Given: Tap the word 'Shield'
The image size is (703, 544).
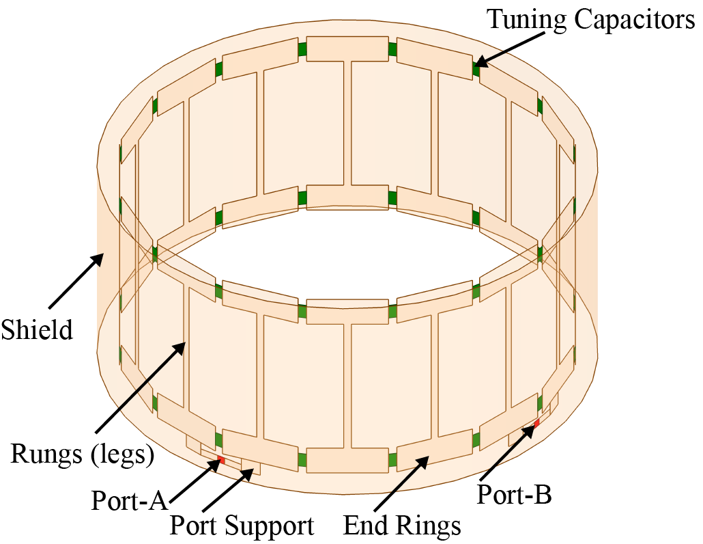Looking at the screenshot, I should [x=36, y=330].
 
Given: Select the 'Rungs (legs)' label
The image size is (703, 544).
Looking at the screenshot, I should [x=81, y=453].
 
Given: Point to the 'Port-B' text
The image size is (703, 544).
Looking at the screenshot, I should [x=514, y=494].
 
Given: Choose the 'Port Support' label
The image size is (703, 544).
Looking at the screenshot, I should [x=242, y=526].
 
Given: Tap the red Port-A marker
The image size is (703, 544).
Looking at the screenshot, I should [x=220, y=461].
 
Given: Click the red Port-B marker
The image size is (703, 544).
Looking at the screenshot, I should [x=536, y=424].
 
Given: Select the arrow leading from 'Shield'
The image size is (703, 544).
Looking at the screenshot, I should [x=76, y=280].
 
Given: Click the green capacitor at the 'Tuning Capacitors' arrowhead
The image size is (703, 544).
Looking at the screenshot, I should [x=475, y=67].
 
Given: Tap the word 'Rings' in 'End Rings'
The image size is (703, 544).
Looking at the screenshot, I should [x=427, y=526].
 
